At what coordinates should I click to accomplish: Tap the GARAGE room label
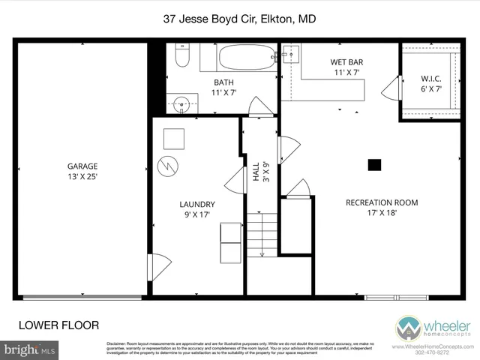pyautogui.click(x=82, y=166)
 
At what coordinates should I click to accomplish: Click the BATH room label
pyautogui.click(x=223, y=82)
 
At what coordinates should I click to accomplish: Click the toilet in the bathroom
pyautogui.click(x=181, y=57)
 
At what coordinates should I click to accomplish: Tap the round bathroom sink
pyautogui.click(x=181, y=104)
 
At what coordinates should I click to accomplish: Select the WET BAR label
pyautogui.click(x=346, y=62)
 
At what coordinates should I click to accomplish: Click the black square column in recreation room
pyautogui.click(x=374, y=165)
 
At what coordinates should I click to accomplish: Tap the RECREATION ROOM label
pyautogui.click(x=381, y=202)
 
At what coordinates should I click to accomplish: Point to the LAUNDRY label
pyautogui.click(x=197, y=204)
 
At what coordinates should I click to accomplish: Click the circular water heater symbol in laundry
pyautogui.click(x=170, y=164)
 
